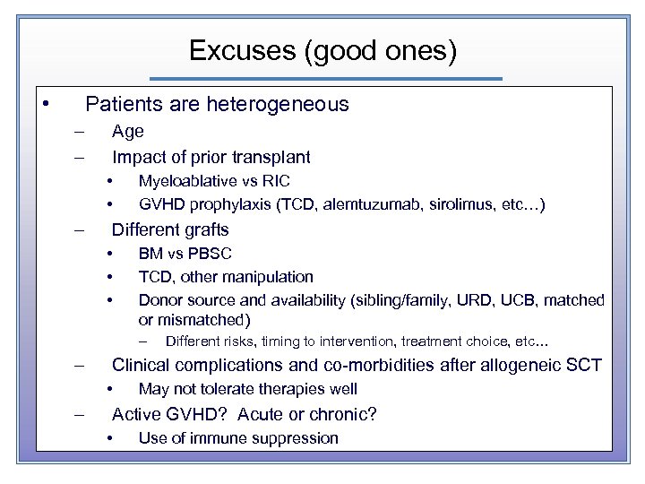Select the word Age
127,131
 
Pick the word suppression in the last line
299,438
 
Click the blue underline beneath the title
323,79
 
